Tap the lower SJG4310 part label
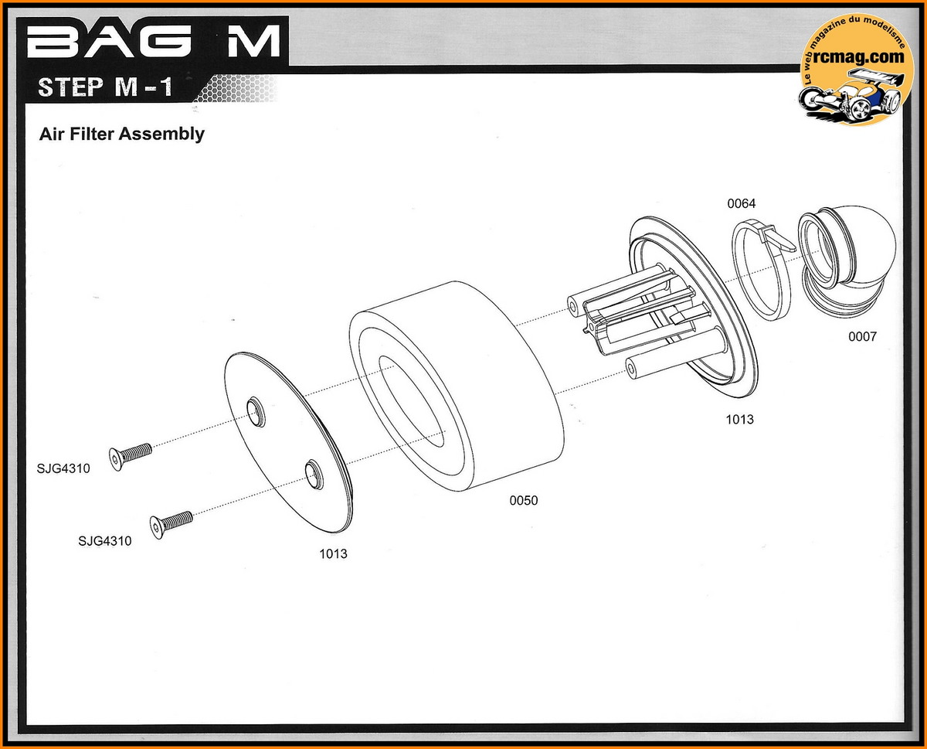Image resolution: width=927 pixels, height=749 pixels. (x=104, y=541)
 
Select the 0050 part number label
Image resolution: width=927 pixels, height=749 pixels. (x=523, y=501)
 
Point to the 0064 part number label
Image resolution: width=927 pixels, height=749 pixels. (x=741, y=204)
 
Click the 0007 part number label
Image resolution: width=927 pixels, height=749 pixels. (x=862, y=337)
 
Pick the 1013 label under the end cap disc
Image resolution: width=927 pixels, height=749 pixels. (x=333, y=554)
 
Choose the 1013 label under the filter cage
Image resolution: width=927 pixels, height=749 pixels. (x=739, y=420)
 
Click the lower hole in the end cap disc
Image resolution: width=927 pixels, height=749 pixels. (x=313, y=473)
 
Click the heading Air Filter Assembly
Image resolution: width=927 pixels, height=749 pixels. (x=121, y=134)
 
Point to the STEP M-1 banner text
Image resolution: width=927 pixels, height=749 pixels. (x=104, y=86)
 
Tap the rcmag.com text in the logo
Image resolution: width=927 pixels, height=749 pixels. (x=854, y=56)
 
